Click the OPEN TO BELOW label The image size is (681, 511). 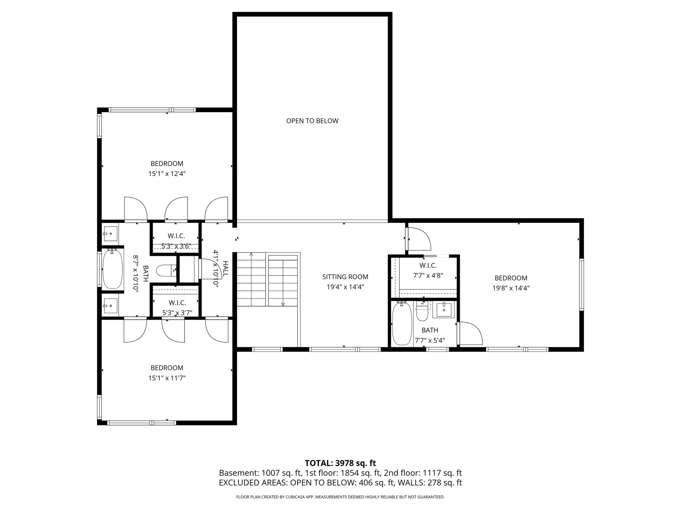312,121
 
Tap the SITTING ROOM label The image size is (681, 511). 345,277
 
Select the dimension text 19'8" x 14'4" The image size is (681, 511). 511,288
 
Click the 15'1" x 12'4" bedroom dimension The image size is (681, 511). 167,174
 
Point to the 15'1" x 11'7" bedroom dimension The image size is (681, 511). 167,378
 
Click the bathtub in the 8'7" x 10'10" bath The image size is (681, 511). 112,269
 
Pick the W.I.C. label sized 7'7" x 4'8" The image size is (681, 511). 428,265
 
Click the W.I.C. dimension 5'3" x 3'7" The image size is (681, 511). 177,313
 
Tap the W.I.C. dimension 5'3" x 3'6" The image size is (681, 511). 176,246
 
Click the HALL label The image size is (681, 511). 226,269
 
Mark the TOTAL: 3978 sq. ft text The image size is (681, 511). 340,463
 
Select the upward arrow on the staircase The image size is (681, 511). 251,255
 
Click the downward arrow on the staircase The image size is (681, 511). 283,303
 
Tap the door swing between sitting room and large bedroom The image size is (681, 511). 419,238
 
